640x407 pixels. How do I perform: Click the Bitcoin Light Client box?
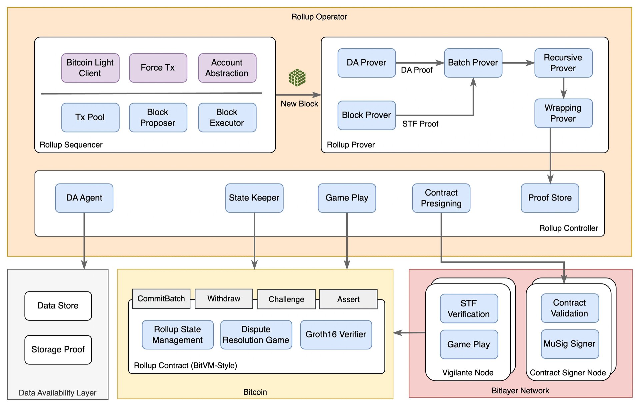pyautogui.click(x=90, y=68)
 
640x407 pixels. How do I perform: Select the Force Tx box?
pyautogui.click(x=158, y=68)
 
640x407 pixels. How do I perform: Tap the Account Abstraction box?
pyautogui.click(x=227, y=68)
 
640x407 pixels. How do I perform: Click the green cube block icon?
pyautogui.click(x=297, y=78)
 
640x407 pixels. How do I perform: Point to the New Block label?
pyautogui.click(x=299, y=104)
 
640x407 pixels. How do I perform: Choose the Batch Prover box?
pyautogui.click(x=473, y=63)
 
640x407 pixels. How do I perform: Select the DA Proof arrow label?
pyautogui.click(x=417, y=70)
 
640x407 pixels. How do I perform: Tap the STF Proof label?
pyautogui.click(x=420, y=124)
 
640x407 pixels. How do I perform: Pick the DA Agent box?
pyautogui.click(x=84, y=198)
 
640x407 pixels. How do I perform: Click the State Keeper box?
pyautogui.click(x=254, y=198)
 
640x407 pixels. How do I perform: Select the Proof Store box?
pyautogui.click(x=550, y=198)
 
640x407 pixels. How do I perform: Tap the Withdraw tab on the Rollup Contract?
pyautogui.click(x=224, y=299)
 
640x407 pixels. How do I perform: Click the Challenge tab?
pyautogui.click(x=286, y=299)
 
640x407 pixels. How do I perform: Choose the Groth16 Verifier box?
pyautogui.click(x=336, y=335)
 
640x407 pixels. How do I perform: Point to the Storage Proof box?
pyautogui.click(x=58, y=350)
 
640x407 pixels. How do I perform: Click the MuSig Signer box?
pyautogui.click(x=570, y=344)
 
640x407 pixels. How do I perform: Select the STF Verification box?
pyautogui.click(x=469, y=309)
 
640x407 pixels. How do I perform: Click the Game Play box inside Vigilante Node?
pyautogui.click(x=469, y=344)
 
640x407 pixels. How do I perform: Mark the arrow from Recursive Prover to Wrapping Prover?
pyautogui.click(x=564, y=88)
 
